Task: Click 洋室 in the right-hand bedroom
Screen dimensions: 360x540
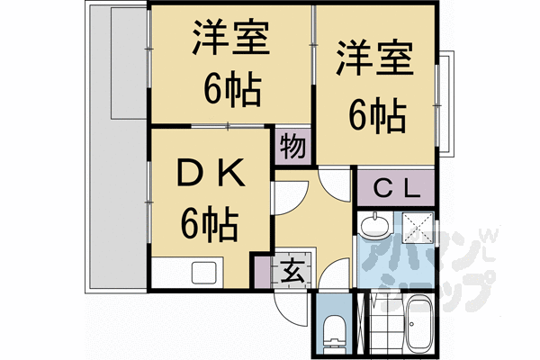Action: coord(375,60)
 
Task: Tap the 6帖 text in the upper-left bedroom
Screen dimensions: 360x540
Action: coord(230,89)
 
